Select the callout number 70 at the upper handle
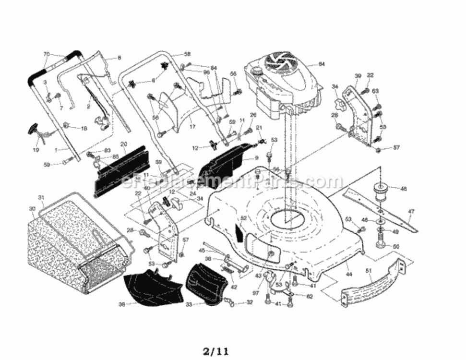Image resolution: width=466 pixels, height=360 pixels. click(47, 54)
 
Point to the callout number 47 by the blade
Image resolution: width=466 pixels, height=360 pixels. click(411, 211)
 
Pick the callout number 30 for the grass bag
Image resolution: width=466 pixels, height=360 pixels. click(32, 209)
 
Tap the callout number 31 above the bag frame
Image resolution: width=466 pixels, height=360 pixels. click(41, 197)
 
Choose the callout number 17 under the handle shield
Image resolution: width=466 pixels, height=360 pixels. click(192, 127)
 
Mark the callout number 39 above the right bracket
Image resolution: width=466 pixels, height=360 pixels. click(358, 76)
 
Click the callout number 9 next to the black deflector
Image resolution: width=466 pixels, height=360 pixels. click(256, 158)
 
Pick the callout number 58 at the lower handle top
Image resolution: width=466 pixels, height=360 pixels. click(187, 54)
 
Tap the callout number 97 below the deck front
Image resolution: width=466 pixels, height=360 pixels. click(255, 293)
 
